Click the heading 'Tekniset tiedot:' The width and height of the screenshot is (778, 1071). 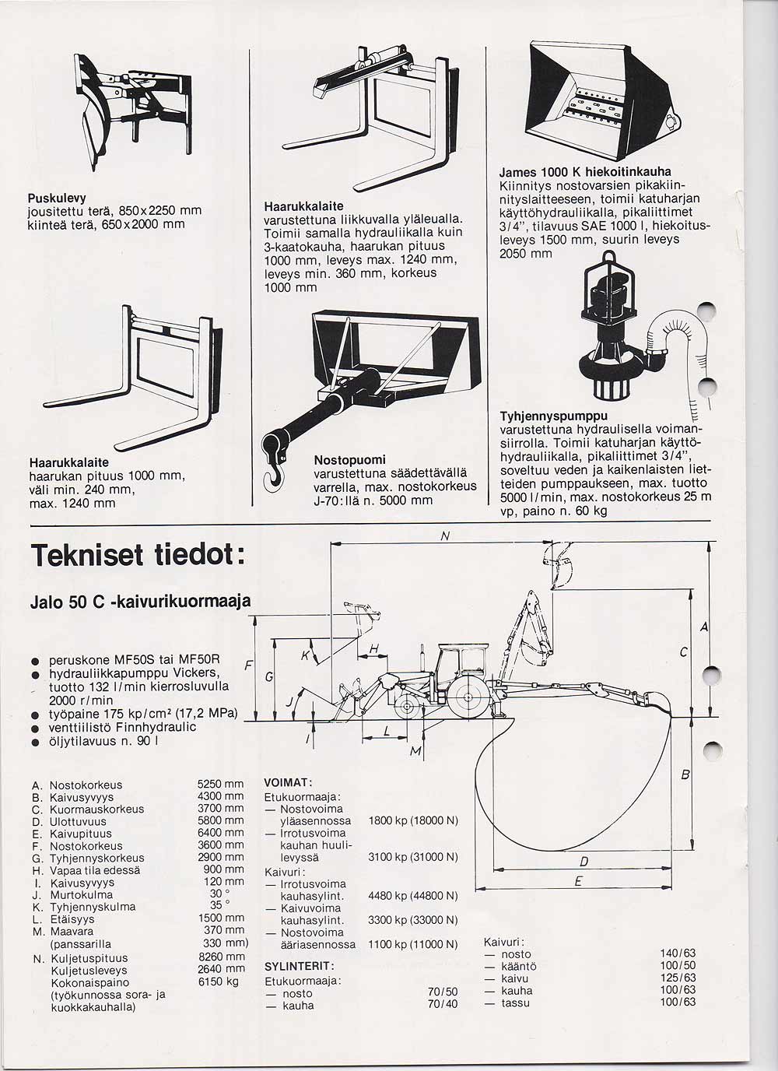click(x=138, y=557)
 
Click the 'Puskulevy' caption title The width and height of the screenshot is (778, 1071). click(x=56, y=198)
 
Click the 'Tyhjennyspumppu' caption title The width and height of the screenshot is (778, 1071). click(x=553, y=416)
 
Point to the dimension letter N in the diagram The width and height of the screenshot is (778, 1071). click(x=444, y=535)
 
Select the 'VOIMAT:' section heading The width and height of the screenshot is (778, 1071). click(x=288, y=782)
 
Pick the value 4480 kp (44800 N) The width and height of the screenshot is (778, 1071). click(x=412, y=896)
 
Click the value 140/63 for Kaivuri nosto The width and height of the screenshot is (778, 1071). click(x=677, y=954)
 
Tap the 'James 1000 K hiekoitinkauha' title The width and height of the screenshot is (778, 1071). click(x=584, y=172)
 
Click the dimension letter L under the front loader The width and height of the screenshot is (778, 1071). click(x=387, y=729)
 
